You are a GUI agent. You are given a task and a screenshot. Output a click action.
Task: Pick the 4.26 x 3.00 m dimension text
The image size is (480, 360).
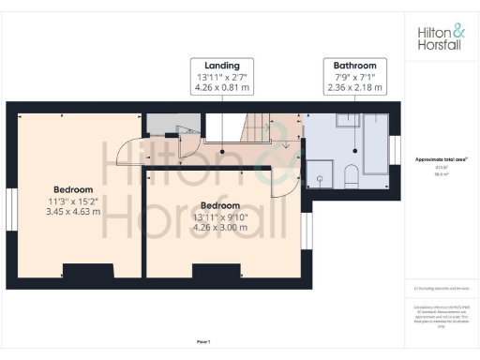(219, 227)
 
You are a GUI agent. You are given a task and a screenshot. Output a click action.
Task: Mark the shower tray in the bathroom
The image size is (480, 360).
(321, 172)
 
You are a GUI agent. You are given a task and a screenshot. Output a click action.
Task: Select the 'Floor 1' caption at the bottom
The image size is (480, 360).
(202, 340)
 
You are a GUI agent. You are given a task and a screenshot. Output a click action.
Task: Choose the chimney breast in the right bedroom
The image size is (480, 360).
(208, 272)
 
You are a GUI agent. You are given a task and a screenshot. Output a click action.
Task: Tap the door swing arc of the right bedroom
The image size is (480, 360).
(278, 183)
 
